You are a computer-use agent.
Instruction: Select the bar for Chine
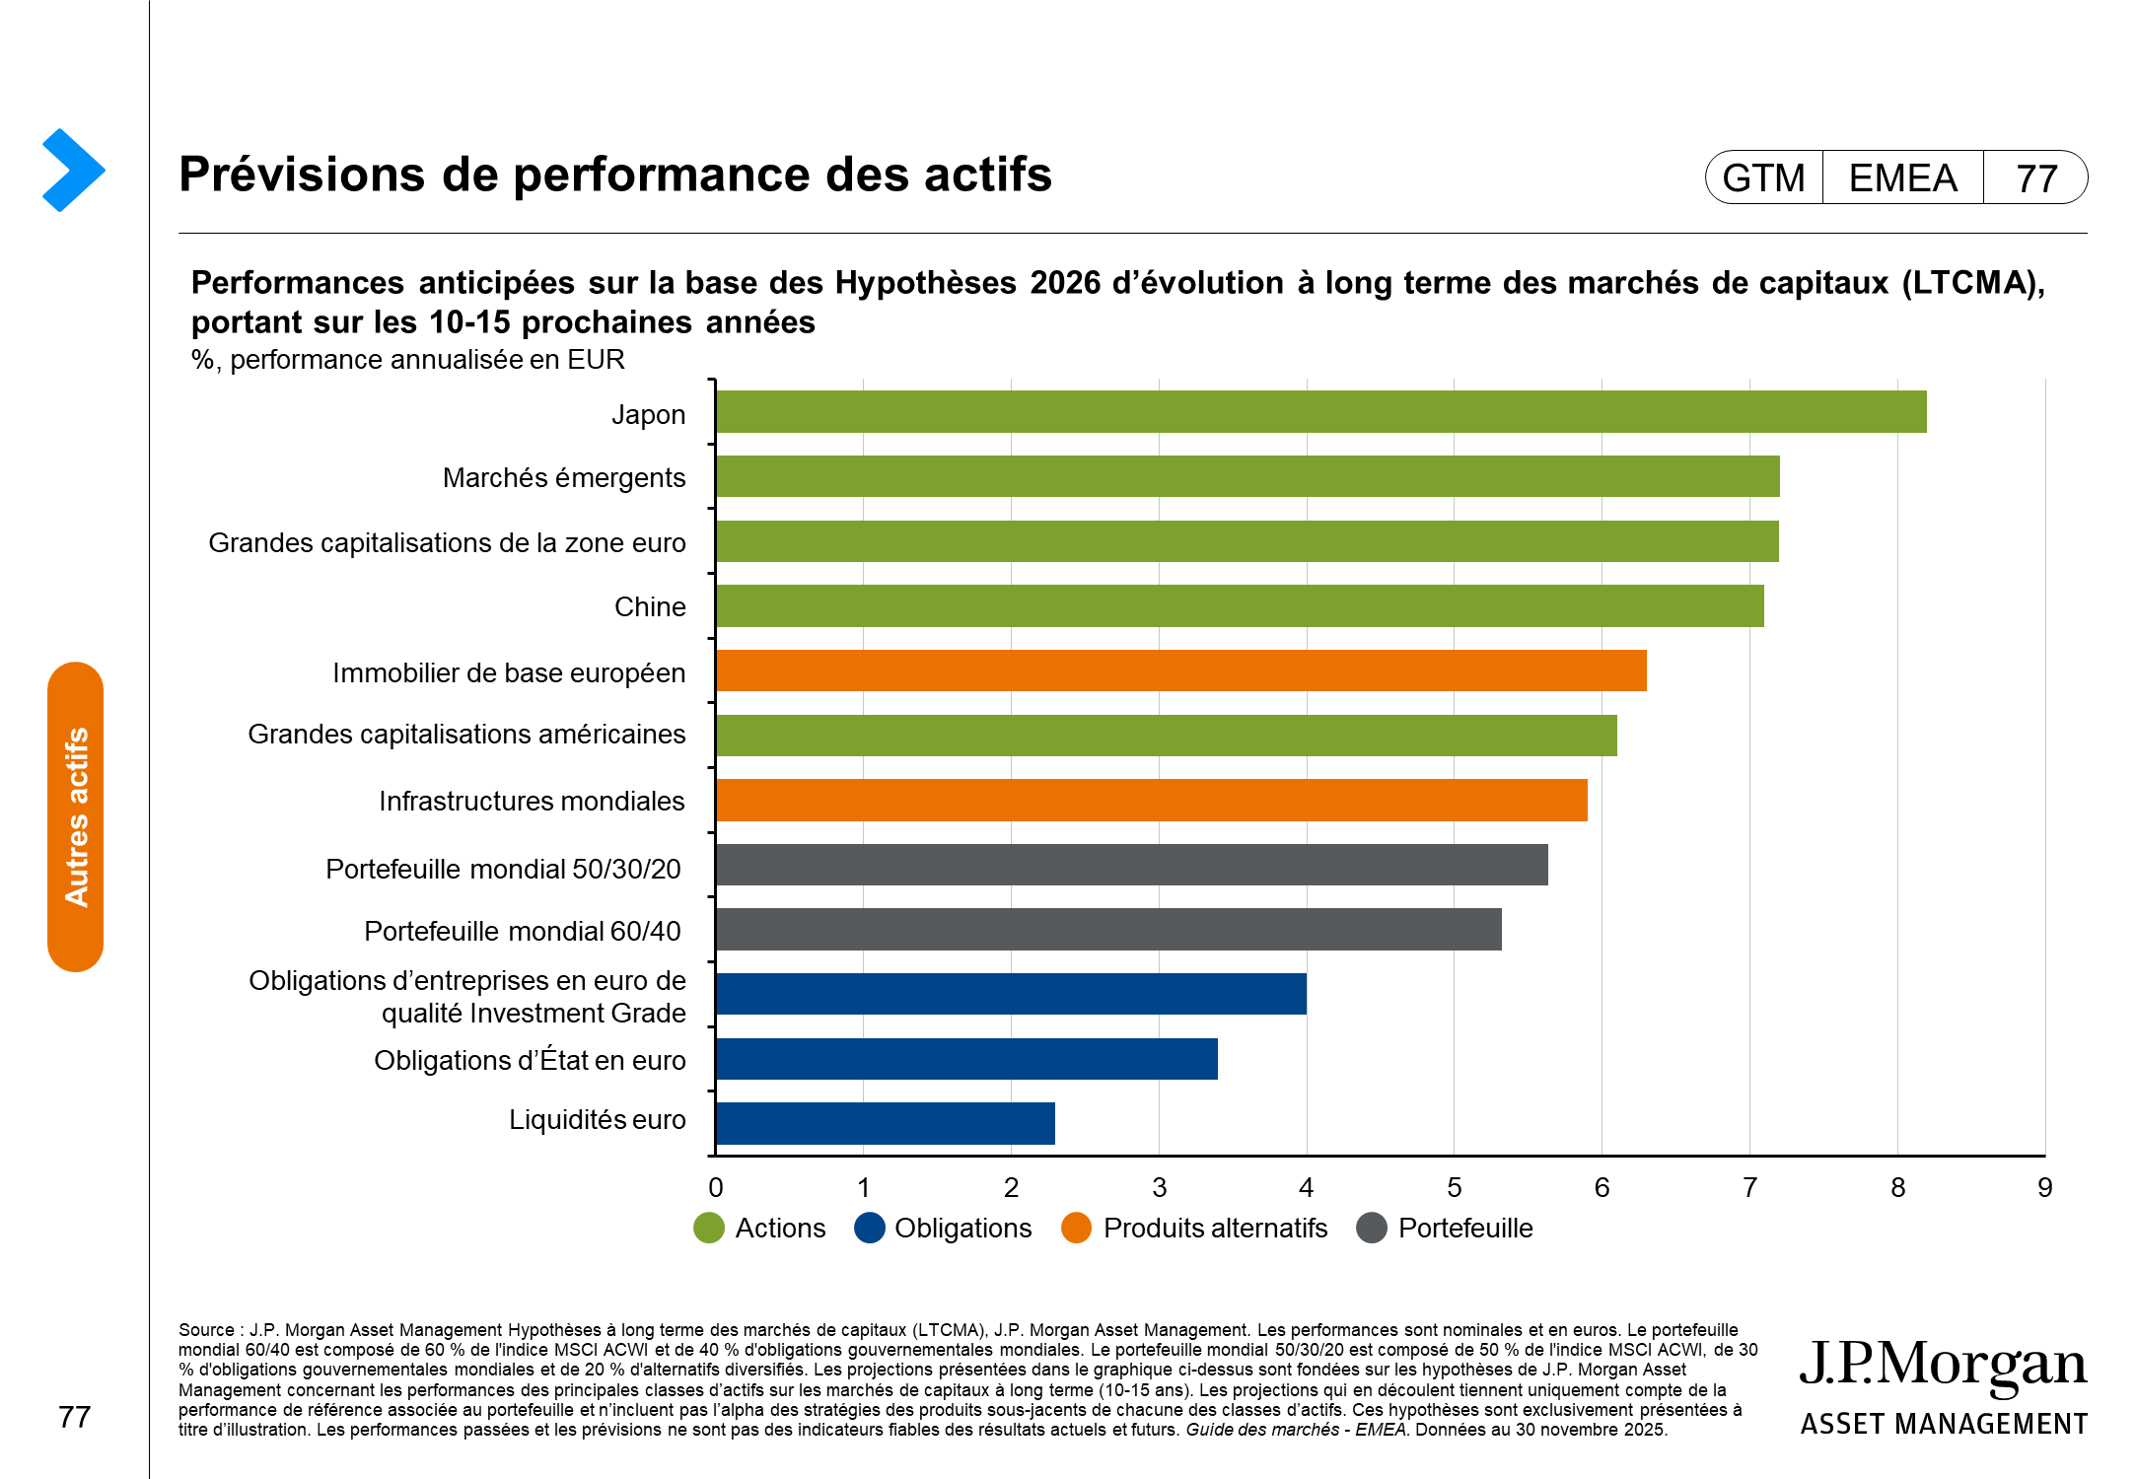coord(1239,605)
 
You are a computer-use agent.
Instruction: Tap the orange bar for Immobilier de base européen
coord(1180,670)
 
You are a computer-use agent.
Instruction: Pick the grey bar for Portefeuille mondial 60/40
coord(1107,929)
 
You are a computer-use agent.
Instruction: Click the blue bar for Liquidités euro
coord(885,1123)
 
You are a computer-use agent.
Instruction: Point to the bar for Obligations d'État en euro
coord(966,1059)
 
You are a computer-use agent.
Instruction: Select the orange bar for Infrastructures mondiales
coord(1151,800)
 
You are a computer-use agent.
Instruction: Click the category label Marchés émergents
coord(563,478)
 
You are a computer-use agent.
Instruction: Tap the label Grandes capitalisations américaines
coord(466,735)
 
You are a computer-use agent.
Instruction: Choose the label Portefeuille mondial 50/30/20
coord(503,869)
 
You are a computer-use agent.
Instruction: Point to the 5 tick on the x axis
coord(1454,1187)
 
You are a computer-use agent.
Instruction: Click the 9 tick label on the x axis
coord(2044,1187)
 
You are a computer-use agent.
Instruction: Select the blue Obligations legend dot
coord(869,1228)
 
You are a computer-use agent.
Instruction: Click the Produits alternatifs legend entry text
coord(1215,1228)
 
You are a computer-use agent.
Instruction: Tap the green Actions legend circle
coord(709,1228)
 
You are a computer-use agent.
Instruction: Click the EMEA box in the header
coord(1902,178)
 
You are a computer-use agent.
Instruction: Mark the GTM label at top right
coord(1763,178)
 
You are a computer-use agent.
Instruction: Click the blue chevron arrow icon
coord(73,170)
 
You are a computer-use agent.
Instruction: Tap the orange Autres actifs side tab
coord(76,816)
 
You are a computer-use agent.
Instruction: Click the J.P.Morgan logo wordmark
coord(1943,1366)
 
